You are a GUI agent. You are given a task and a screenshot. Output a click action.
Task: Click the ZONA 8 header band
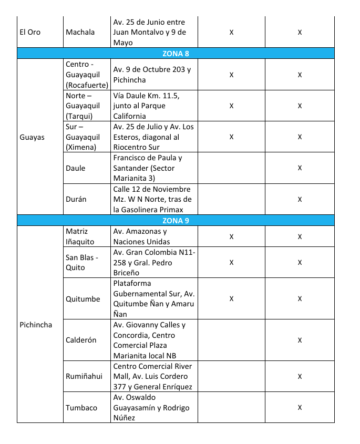176,53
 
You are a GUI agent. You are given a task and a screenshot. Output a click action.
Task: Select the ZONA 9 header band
176,221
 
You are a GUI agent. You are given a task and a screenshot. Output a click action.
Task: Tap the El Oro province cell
30,32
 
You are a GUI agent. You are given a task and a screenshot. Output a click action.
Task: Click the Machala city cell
80,32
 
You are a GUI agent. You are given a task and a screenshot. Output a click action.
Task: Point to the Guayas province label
32,137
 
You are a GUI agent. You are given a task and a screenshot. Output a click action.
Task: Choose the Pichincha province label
36,325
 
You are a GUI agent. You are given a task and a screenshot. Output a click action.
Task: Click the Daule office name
76,168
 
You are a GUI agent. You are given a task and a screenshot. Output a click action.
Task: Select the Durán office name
76,199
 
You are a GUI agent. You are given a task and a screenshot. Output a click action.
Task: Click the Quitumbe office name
83,299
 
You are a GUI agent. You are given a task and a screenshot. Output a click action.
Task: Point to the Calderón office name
81,340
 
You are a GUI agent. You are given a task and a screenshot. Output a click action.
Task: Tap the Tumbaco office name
81,407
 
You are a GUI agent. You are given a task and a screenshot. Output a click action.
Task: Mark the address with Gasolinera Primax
152,199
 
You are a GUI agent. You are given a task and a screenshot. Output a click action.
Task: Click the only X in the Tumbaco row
300,407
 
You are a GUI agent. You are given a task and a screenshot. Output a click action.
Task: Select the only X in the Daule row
300,168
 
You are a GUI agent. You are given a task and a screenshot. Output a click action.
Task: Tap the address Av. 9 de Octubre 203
152,75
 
